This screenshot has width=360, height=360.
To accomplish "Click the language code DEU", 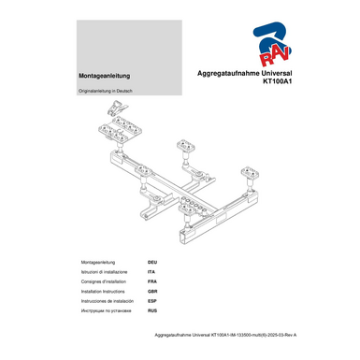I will pyautogui.click(x=152, y=263).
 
